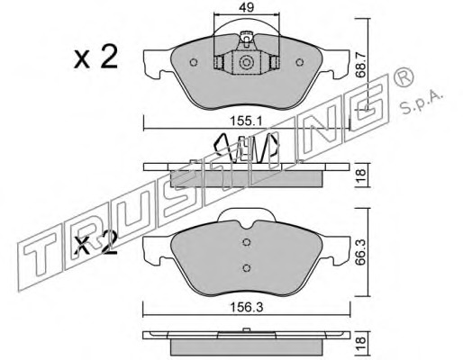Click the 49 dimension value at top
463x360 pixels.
[x=246, y=7]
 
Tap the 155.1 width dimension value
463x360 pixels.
[x=246, y=121]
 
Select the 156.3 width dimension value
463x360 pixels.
[x=246, y=307]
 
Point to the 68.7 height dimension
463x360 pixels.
[x=361, y=65]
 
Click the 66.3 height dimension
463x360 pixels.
[x=360, y=252]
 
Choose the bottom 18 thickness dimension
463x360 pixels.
[x=360, y=340]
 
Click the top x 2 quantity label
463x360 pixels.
[x=95, y=58]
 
